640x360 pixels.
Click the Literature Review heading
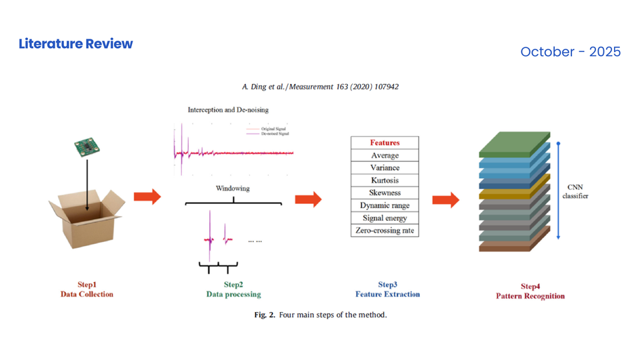(x=76, y=44)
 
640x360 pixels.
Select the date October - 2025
(x=570, y=52)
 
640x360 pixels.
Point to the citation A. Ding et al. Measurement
(x=320, y=87)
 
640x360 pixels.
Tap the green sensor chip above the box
(x=85, y=147)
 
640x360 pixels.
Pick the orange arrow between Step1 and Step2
(x=147, y=196)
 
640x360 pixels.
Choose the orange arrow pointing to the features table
(x=308, y=199)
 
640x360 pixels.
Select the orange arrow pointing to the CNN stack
(x=445, y=200)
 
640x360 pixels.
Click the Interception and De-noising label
(x=228, y=110)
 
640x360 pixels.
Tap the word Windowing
(x=233, y=189)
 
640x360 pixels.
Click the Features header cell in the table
(x=385, y=143)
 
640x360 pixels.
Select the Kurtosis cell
(x=385, y=181)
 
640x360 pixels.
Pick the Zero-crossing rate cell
(x=385, y=231)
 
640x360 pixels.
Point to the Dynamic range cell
(x=385, y=205)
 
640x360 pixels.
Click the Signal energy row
(x=385, y=218)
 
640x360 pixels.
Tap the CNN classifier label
(x=575, y=192)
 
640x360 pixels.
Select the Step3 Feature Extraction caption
(x=387, y=289)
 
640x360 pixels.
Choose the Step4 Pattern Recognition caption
(x=530, y=291)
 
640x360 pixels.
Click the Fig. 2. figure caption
(x=320, y=315)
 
